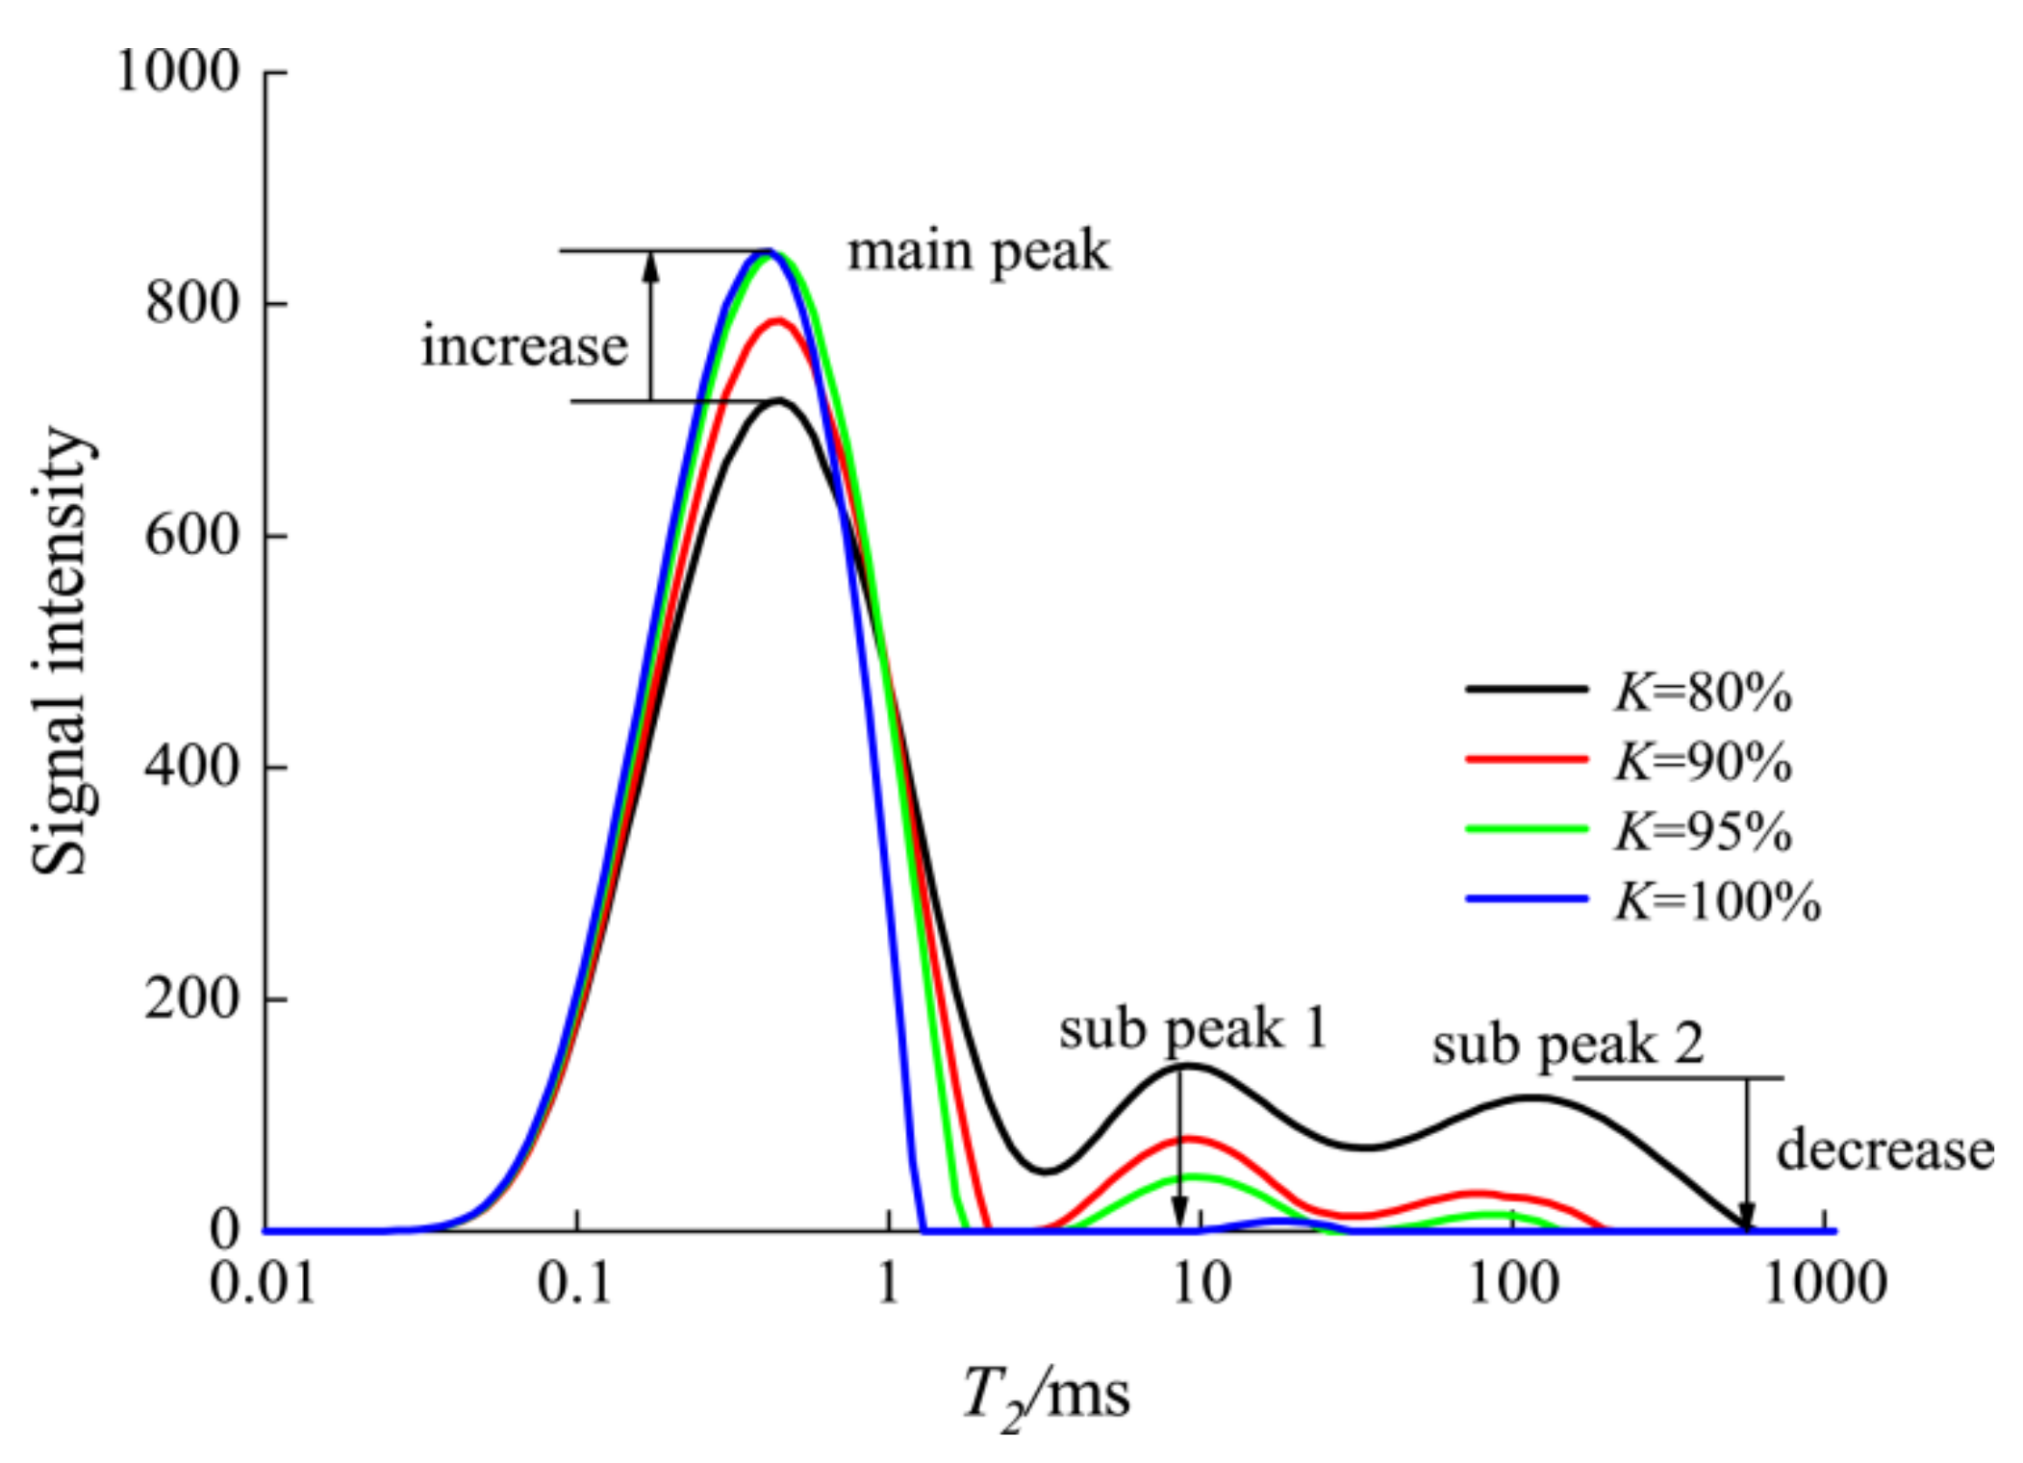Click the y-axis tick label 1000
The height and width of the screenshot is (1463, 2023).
coord(177,72)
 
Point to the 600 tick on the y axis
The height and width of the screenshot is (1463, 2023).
coord(191,535)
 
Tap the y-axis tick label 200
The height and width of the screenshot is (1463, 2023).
coord(191,998)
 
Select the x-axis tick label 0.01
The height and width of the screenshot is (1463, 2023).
coord(263,1283)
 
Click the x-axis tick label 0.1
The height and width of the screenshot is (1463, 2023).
coord(574,1283)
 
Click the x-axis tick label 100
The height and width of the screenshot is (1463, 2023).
coord(1513,1283)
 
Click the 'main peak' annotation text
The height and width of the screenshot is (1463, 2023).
coord(977,252)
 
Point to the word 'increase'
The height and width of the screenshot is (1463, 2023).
coord(524,346)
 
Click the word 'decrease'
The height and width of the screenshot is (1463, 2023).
coord(1884,1151)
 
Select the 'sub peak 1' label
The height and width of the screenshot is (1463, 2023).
coord(1193,1029)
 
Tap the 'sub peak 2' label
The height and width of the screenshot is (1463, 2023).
coord(1567,1045)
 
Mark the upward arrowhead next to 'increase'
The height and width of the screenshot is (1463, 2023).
coord(651,265)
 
